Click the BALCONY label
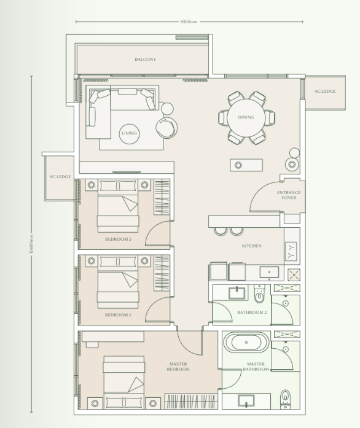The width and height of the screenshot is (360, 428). click(x=145, y=60)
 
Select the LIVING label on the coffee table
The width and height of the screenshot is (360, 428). click(x=129, y=133)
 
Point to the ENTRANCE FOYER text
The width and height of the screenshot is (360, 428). click(x=288, y=195)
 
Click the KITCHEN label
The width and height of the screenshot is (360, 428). click(x=251, y=246)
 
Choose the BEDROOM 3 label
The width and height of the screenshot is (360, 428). click(x=118, y=239)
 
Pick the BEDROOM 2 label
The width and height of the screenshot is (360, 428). click(x=118, y=314)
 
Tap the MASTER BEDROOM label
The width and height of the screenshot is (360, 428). click(x=178, y=367)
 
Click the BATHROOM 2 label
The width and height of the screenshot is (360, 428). click(x=252, y=313)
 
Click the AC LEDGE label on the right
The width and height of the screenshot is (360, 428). click(x=325, y=91)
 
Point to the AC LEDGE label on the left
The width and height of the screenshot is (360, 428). click(x=60, y=177)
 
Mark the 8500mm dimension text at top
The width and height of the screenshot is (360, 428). click(x=189, y=22)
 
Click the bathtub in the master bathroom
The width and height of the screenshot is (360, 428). click(x=246, y=342)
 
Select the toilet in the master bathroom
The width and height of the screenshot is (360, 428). click(x=284, y=398)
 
